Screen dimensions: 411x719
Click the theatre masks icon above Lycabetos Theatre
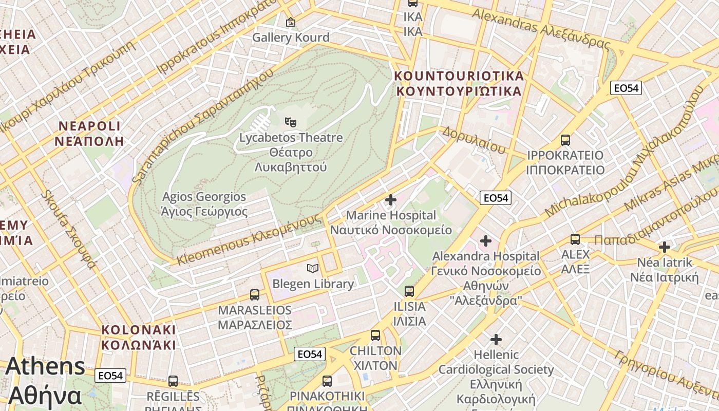pos(291,122)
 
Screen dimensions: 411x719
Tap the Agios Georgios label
pos(204,204)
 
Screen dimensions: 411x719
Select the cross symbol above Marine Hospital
pos(391,200)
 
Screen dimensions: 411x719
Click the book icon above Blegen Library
pos(312,268)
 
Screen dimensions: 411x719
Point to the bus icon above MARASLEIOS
pos(255,295)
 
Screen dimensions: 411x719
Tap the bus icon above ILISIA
pos(409,291)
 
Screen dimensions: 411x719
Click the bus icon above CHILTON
pos(375,335)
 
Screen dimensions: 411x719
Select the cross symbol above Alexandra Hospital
pos(486,240)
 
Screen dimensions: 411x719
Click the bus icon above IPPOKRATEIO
pos(565,140)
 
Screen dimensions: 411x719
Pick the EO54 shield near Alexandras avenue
pos(626,88)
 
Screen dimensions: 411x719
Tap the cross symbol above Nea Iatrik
pos(665,247)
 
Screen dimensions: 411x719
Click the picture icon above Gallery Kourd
pos(291,22)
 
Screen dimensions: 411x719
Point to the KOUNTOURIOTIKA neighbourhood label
pos(459,84)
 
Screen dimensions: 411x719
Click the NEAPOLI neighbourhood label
pos(90,134)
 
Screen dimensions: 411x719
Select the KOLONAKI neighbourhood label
pos(138,337)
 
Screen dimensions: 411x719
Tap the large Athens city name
pos(45,381)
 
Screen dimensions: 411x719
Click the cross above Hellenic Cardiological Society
pos(496,340)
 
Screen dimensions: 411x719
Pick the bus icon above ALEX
pos(575,239)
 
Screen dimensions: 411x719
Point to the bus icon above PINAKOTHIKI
pos(327,381)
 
